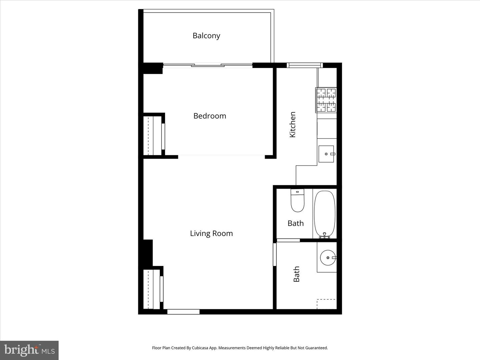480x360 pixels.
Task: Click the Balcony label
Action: pyautogui.click(x=206, y=36)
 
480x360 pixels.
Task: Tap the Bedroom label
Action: pyautogui.click(x=210, y=116)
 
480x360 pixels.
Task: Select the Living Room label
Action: pyautogui.click(x=211, y=233)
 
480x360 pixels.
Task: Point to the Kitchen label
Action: pyautogui.click(x=292, y=124)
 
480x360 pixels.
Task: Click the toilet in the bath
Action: pyautogui.click(x=297, y=200)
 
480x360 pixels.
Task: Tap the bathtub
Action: pyautogui.click(x=325, y=214)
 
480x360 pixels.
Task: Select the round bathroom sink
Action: pyautogui.click(x=328, y=258)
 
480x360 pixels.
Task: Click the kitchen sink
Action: pyautogui.click(x=326, y=154)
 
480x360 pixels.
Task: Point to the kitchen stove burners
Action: pyautogui.click(x=326, y=100)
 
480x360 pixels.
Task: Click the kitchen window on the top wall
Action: pyautogui.click(x=305, y=65)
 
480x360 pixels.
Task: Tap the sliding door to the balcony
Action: pyautogui.click(x=208, y=65)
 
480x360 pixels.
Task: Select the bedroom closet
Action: pyautogui.click(x=154, y=136)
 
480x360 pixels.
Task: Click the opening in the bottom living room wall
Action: pyautogui.click(x=183, y=312)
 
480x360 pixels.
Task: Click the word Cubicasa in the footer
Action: pyautogui.click(x=200, y=348)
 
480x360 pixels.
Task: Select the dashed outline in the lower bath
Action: pyautogui.click(x=326, y=304)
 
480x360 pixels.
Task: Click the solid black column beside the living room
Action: pyautogui.click(x=148, y=253)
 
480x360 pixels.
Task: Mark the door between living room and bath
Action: pyautogui.click(x=275, y=254)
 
